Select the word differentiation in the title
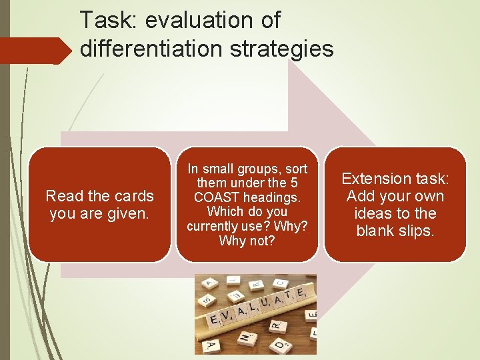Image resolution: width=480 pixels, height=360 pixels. [155, 49]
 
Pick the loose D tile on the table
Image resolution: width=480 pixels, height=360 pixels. [280, 345]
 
